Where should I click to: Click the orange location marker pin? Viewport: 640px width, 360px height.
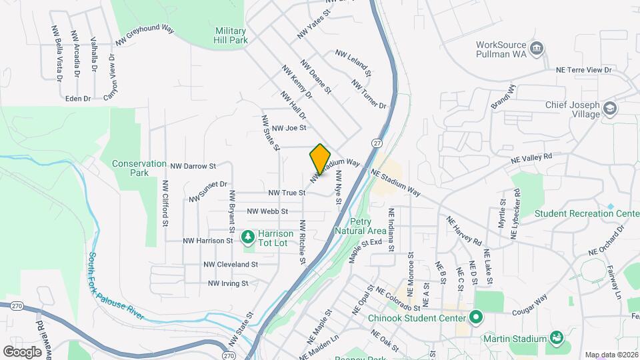(x=320, y=159)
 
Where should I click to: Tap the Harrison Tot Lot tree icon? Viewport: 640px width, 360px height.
(x=248, y=236)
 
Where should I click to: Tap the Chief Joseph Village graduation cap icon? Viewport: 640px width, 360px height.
(x=609, y=108)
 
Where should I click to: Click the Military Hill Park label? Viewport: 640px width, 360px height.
(x=231, y=35)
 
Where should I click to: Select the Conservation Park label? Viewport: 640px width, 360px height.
(x=139, y=168)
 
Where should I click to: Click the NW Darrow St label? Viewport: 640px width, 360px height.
(x=193, y=165)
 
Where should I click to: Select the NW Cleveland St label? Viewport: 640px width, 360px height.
(x=231, y=265)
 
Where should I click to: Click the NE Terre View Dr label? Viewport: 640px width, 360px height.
(x=584, y=69)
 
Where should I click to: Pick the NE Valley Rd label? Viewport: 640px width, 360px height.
(x=532, y=159)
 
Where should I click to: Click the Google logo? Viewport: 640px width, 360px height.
(x=23, y=351)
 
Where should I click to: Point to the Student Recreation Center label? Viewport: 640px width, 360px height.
(x=587, y=213)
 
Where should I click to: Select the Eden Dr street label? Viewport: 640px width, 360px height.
(x=78, y=99)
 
